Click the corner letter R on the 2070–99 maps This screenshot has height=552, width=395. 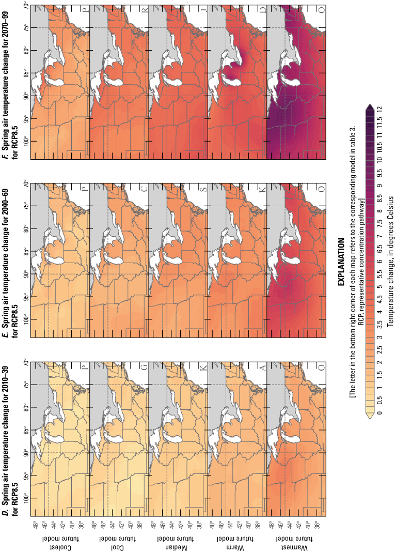[144, 10]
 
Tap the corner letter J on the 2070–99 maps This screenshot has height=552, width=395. [203, 10]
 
